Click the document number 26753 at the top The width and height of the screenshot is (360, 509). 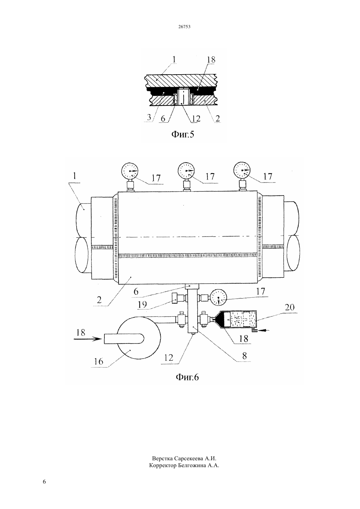tap(184, 26)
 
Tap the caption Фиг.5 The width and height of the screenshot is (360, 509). tap(183, 134)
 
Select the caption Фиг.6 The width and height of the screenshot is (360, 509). tap(187, 377)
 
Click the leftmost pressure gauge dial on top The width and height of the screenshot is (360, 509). tap(130, 170)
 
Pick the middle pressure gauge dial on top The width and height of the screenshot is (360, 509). tap(186, 170)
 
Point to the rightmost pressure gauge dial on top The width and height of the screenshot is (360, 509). tap(242, 170)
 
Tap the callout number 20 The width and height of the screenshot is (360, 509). tap(289, 307)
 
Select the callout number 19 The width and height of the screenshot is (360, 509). tap(142, 305)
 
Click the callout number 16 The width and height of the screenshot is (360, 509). tap(99, 361)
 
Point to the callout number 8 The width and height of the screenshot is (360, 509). tap(244, 356)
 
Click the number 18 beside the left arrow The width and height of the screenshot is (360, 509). tap(81, 333)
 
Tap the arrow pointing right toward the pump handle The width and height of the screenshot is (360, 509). tap(88, 339)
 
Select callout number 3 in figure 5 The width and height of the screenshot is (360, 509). tap(149, 117)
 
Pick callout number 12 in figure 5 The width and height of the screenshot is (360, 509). tap(196, 118)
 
